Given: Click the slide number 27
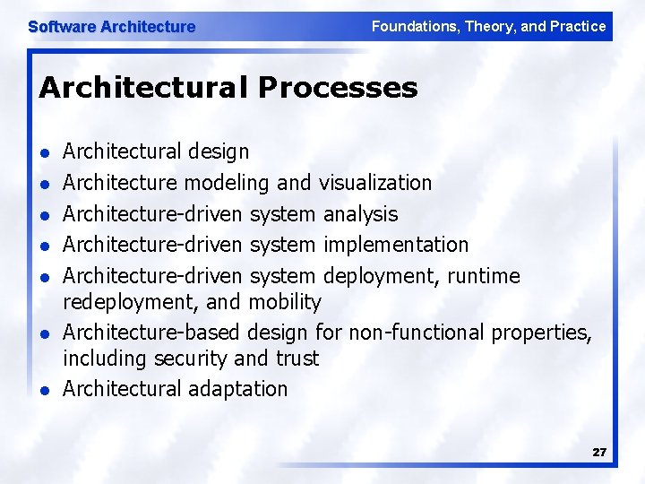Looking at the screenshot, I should [599, 453].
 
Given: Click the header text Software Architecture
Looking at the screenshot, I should [111, 27].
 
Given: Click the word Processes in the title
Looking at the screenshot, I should [338, 88].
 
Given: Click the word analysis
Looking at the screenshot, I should [360, 214].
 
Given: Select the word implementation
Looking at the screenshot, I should [396, 245].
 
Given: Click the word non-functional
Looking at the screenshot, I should [417, 333].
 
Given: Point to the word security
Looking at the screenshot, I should [189, 359].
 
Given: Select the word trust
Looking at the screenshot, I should [297, 359].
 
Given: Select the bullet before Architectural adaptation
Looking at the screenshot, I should [45, 390].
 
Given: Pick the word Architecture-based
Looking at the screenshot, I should [151, 333].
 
